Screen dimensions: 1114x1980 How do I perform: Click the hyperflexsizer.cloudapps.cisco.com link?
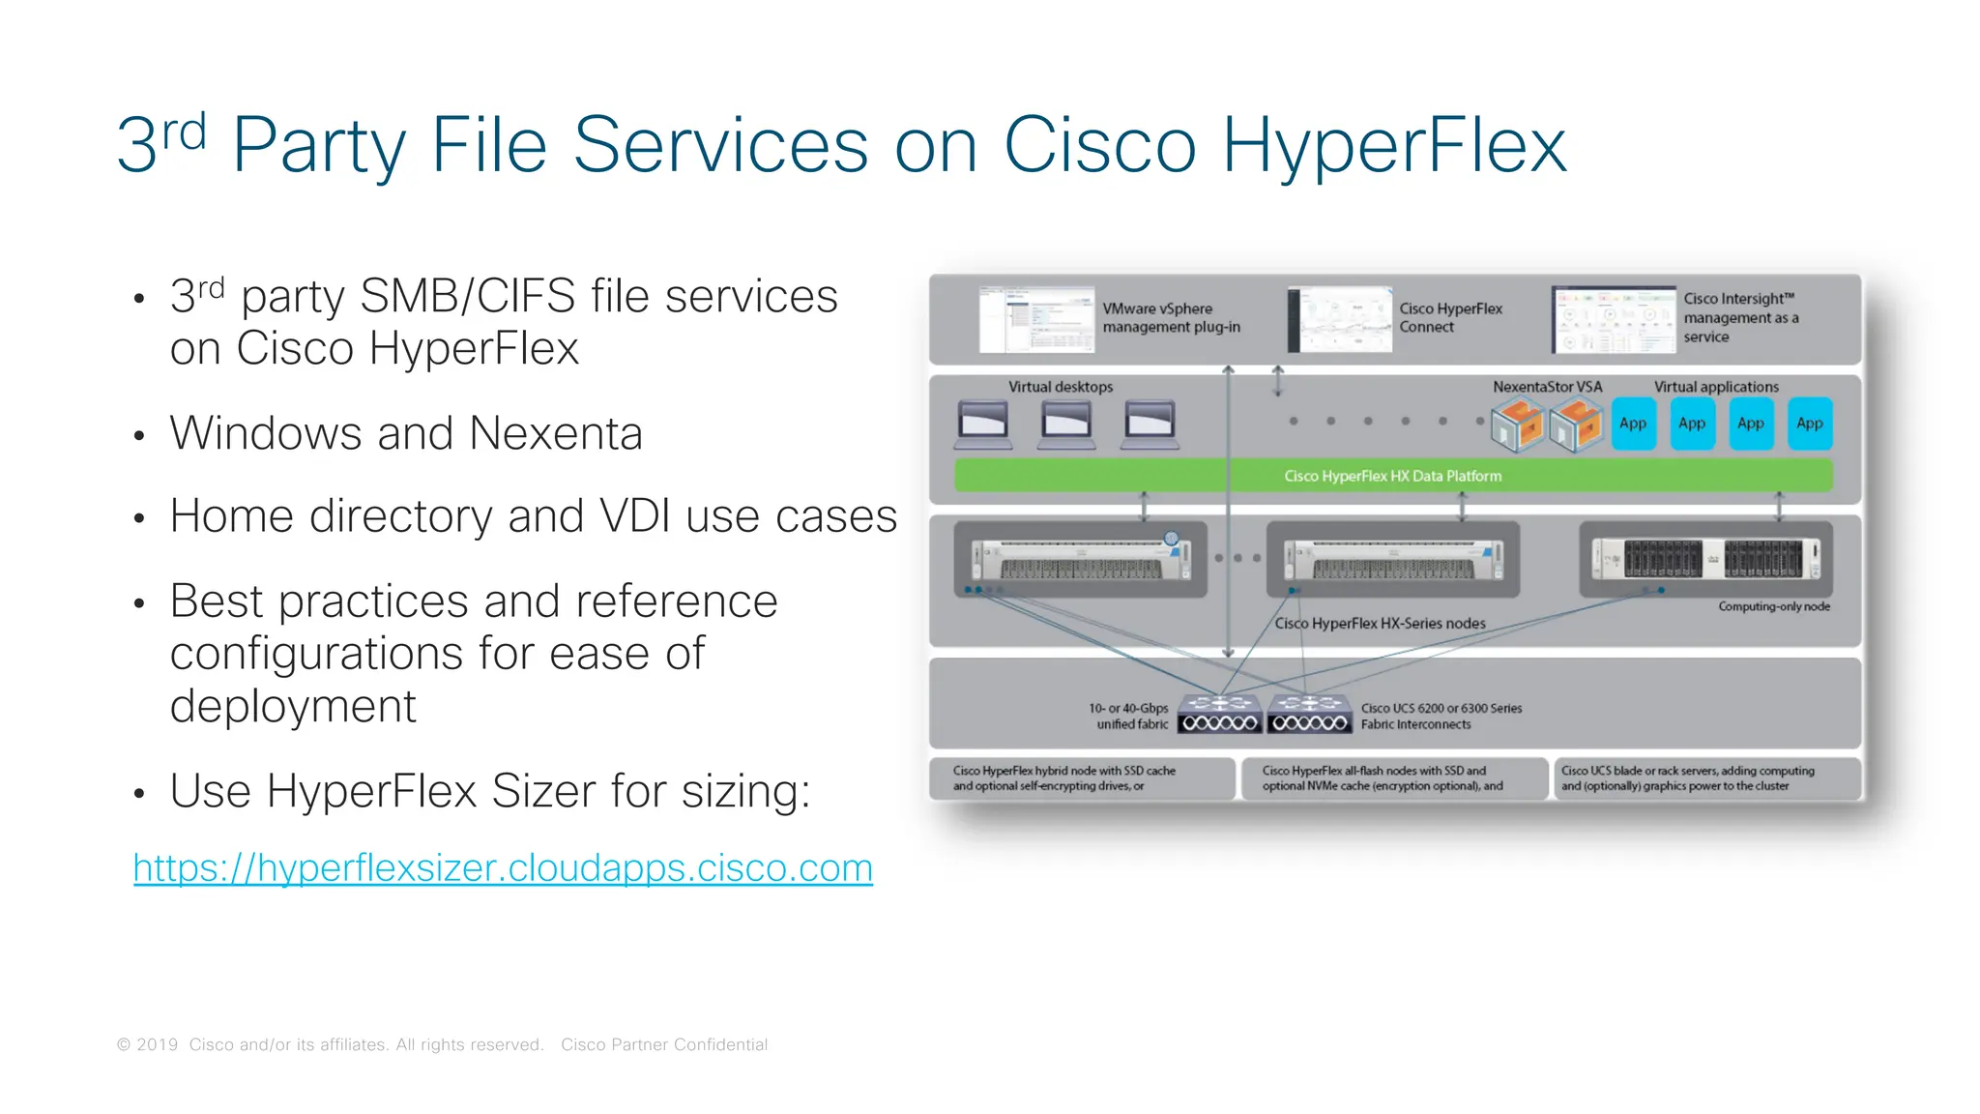pyautogui.click(x=503, y=868)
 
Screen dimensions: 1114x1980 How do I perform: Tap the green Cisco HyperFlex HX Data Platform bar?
pyautogui.click(x=1392, y=476)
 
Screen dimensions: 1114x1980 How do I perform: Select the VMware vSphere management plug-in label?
pyautogui.click(x=1171, y=318)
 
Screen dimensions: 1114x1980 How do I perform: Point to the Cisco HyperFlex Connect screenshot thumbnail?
pyautogui.click(x=1339, y=319)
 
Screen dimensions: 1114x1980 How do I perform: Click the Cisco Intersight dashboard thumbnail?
pyautogui.click(x=1613, y=319)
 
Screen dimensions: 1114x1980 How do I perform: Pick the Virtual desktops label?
pyautogui.click(x=1061, y=387)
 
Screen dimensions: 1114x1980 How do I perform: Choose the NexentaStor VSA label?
pyautogui.click(x=1547, y=387)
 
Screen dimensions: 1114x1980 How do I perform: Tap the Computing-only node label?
pyautogui.click(x=1773, y=606)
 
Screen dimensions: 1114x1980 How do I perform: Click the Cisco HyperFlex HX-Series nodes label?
pyautogui.click(x=1380, y=624)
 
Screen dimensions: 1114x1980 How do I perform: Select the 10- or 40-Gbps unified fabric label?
pyautogui.click(x=1128, y=716)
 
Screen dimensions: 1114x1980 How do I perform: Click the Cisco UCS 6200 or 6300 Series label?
pyautogui.click(x=1441, y=709)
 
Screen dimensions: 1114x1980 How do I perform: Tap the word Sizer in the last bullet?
pyautogui.click(x=544, y=791)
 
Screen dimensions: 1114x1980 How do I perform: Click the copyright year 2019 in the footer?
pyautogui.click(x=157, y=1044)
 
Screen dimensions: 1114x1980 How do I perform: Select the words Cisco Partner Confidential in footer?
pyautogui.click(x=664, y=1044)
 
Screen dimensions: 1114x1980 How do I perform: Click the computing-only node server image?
pyautogui.click(x=1705, y=559)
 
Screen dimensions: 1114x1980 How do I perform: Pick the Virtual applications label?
pyautogui.click(x=1716, y=387)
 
